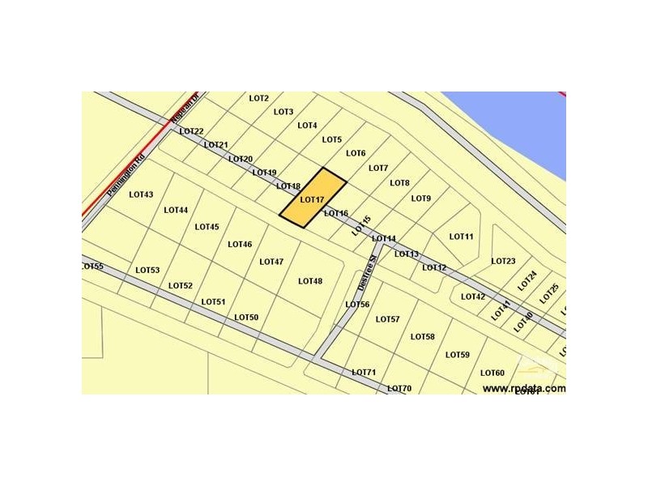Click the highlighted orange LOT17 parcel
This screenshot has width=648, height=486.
click(x=313, y=198)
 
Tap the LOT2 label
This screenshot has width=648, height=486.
click(x=259, y=99)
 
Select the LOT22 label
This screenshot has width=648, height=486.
click(x=191, y=131)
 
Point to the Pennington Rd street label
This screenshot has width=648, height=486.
click(x=126, y=176)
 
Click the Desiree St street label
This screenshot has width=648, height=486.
click(x=366, y=273)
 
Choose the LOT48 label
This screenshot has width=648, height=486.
click(x=310, y=281)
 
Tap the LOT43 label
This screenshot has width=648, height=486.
click(x=141, y=194)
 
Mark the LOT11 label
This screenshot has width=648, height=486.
click(x=461, y=237)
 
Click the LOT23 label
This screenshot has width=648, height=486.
click(x=503, y=261)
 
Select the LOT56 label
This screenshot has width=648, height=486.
click(x=357, y=305)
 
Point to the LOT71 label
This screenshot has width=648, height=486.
click(x=364, y=373)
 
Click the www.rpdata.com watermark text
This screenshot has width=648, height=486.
click(x=524, y=388)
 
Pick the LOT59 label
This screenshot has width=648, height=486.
click(x=458, y=355)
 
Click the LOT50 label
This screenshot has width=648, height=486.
click(x=246, y=318)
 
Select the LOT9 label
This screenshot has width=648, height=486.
click(x=421, y=198)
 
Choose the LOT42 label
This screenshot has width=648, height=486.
click(x=473, y=296)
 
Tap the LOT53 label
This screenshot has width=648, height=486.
click(x=147, y=270)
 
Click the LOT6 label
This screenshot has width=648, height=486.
click(x=356, y=153)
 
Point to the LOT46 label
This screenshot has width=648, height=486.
click(x=240, y=244)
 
